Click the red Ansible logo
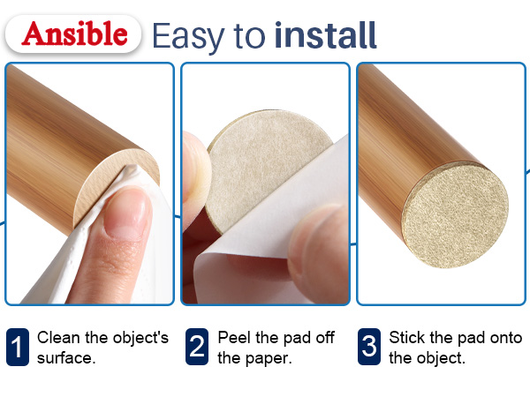pos(74,34)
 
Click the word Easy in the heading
pos(189,36)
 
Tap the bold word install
pos(325,35)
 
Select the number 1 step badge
pos(18,347)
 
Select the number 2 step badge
pos(197,347)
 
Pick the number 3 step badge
pos(369,347)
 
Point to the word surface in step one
pos(66,358)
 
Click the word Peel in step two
pos(235,337)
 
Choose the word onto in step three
pos(506,338)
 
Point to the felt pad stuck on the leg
pos(456,217)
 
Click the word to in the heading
pos(249,36)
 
